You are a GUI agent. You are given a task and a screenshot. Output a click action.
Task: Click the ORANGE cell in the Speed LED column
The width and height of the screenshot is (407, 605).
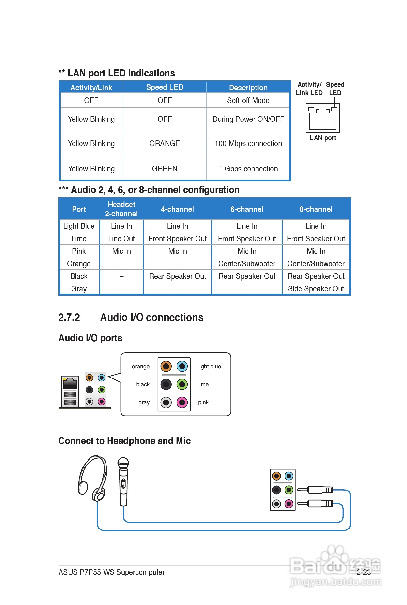(164, 144)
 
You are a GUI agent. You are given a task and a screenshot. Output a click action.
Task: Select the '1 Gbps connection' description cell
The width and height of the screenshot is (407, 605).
(248, 169)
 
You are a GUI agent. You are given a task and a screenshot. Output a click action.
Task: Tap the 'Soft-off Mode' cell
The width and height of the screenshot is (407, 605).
(248, 100)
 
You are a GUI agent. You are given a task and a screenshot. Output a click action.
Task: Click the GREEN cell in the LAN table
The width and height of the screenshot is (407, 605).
(164, 169)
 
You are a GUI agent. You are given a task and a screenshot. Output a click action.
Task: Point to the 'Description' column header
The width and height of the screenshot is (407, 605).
(248, 88)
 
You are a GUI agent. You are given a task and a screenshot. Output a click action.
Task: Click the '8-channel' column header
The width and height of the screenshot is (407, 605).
(316, 209)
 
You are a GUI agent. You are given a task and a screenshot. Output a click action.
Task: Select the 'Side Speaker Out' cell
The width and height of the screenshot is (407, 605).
(316, 289)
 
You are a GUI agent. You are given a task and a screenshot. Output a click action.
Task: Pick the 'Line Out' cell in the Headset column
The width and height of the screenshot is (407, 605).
(121, 239)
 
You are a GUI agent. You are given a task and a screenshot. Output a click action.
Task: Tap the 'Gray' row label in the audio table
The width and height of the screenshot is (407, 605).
(79, 289)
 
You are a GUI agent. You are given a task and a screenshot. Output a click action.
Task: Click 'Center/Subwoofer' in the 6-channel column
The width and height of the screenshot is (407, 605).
(247, 264)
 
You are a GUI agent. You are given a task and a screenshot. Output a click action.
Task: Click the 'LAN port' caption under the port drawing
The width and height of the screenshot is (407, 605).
(323, 138)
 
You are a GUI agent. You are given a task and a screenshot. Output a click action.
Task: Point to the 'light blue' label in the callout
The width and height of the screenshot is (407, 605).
(210, 366)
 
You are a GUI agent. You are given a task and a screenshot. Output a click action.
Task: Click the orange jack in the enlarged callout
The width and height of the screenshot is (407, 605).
(166, 366)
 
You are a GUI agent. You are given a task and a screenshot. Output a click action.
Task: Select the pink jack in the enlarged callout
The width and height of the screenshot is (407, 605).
(182, 402)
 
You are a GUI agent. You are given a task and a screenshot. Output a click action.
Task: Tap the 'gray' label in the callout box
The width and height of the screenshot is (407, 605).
(144, 402)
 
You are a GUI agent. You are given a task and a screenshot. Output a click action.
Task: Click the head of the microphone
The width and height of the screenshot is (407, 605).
(123, 462)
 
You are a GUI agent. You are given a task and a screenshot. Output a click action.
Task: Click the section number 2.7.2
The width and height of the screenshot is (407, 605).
(69, 318)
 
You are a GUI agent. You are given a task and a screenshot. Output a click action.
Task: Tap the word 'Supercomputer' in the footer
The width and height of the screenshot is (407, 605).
(140, 572)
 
